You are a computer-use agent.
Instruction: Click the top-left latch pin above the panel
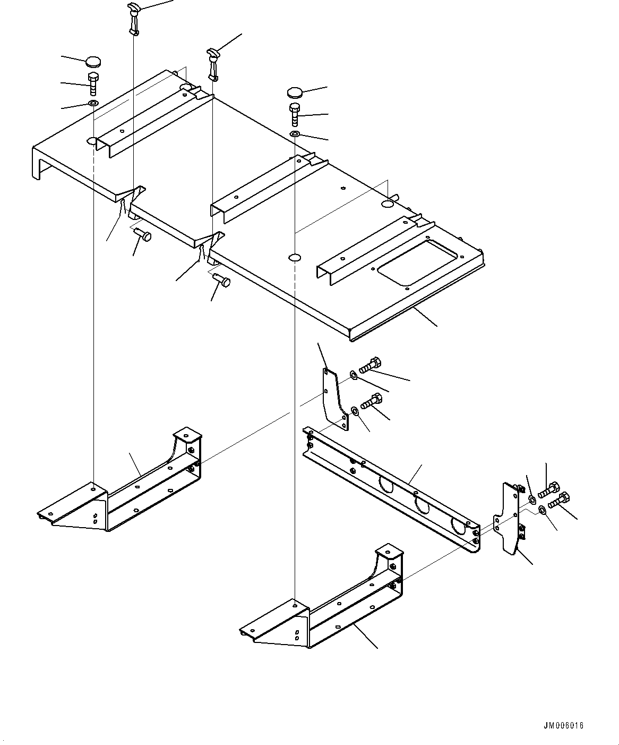click(x=133, y=18)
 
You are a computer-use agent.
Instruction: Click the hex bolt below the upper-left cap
click(x=93, y=83)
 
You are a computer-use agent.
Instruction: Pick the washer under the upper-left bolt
click(x=93, y=103)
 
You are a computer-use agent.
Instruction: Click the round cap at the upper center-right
click(x=295, y=92)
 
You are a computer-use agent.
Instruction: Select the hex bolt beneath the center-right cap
click(x=295, y=114)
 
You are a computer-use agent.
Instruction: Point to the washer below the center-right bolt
click(x=295, y=133)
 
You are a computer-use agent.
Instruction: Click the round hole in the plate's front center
click(x=295, y=258)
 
